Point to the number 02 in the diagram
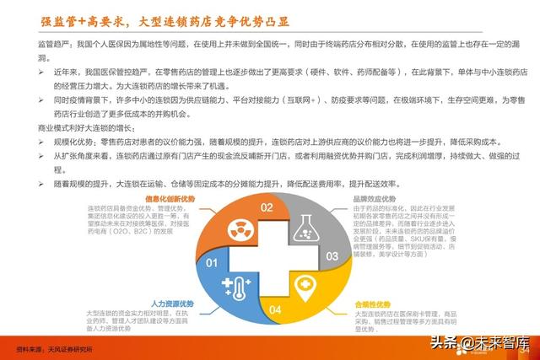[267, 207]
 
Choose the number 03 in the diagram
[332, 255]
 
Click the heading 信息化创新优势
[170, 198]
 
